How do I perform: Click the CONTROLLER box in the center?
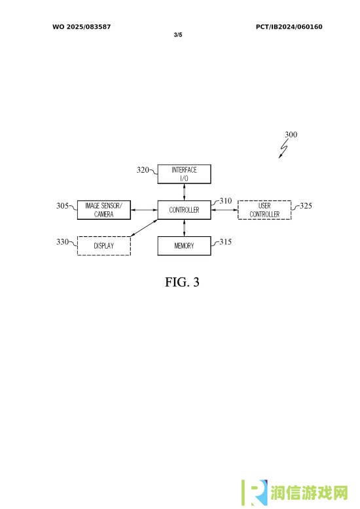[x=184, y=210]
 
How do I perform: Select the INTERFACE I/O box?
[x=184, y=174]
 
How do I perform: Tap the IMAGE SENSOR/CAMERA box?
[x=104, y=210]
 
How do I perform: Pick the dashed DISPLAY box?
[x=104, y=246]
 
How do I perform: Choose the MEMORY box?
[x=184, y=246]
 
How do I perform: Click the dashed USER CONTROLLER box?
[x=264, y=210]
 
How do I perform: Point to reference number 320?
[x=143, y=169]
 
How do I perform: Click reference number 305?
[x=62, y=205]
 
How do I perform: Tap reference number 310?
[x=225, y=201]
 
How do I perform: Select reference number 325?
[x=306, y=205]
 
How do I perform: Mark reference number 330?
[x=62, y=241]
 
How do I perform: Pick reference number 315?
[x=225, y=241]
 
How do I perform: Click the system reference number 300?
[x=291, y=134]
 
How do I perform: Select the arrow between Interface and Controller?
[x=184, y=192]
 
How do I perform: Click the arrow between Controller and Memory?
[x=184, y=228]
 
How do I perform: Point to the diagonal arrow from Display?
[x=144, y=228]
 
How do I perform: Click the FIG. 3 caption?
[x=182, y=282]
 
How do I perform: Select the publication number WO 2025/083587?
[x=82, y=27]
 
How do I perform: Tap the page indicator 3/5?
[x=178, y=35]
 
